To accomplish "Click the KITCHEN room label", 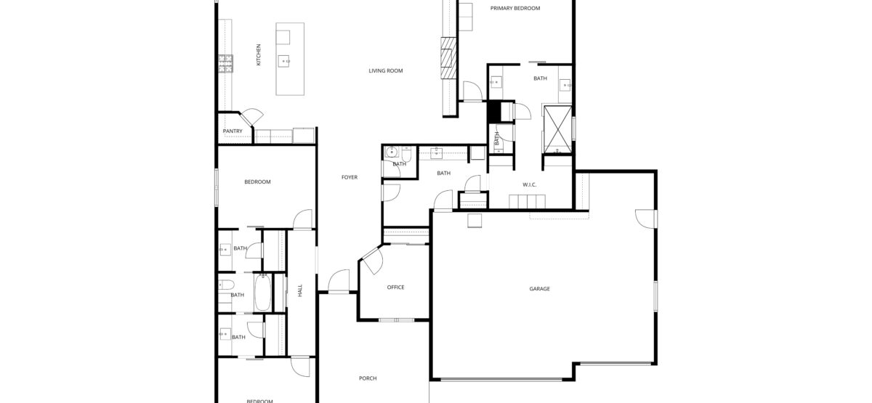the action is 259,54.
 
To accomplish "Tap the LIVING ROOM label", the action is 385,71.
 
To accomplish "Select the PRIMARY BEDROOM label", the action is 515,8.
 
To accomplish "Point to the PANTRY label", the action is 233,131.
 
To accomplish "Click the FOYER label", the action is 350,177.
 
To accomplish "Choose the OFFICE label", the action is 395,288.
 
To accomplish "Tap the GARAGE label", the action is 539,289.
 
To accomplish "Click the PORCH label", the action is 368,378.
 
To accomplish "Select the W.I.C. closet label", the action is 530,184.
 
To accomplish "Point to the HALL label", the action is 300,290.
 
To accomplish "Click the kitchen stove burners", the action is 225,64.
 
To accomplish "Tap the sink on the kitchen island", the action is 284,62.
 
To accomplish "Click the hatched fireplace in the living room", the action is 448,58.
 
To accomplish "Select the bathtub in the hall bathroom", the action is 263,293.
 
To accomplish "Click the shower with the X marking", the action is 557,129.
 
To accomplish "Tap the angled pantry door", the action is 251,117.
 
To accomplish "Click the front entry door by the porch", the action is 339,281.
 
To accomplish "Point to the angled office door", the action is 373,260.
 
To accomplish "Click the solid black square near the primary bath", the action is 494,112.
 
